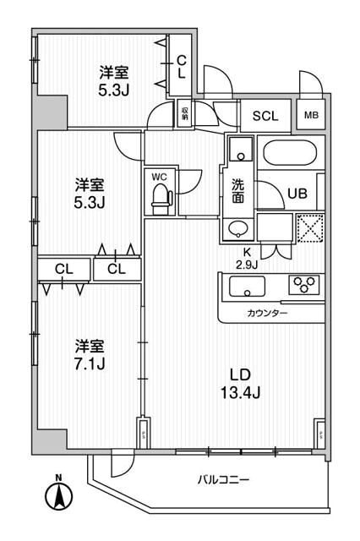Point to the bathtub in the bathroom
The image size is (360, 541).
(x=290, y=156)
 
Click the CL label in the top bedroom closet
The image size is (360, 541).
(x=182, y=66)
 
